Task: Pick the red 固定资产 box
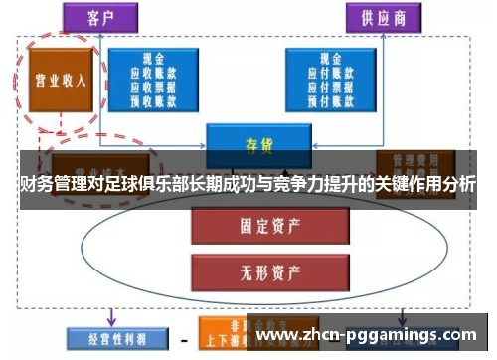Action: pyautogui.click(x=253, y=224)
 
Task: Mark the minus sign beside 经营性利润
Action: pyautogui.click(x=184, y=338)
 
